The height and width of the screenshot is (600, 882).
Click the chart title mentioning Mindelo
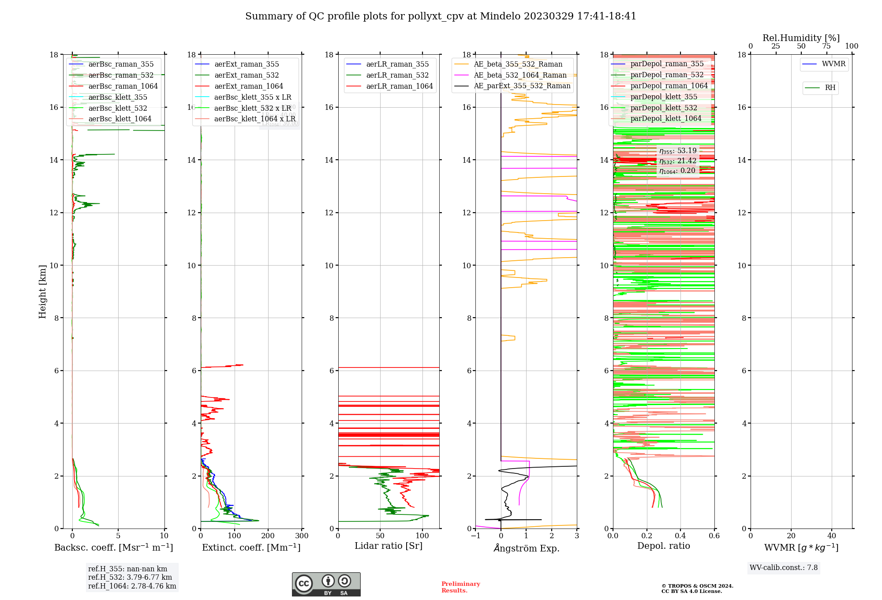(x=441, y=16)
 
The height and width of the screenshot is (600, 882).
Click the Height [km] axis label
(x=42, y=291)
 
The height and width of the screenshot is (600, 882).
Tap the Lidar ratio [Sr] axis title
(x=389, y=546)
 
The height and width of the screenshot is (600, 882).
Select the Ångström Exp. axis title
(x=526, y=548)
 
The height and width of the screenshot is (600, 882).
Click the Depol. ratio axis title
(x=663, y=546)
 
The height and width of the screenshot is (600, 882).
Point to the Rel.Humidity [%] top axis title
(x=801, y=38)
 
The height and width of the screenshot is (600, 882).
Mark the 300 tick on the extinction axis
(x=302, y=536)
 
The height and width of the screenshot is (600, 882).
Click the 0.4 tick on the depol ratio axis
(x=680, y=536)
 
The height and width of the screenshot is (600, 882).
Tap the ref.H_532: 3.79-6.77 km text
(x=130, y=577)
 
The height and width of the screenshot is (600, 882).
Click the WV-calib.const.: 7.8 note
(x=784, y=568)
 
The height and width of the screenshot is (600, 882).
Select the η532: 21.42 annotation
(x=678, y=161)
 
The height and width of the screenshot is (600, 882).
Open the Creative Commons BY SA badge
(x=326, y=584)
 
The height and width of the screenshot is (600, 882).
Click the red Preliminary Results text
(x=460, y=587)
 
